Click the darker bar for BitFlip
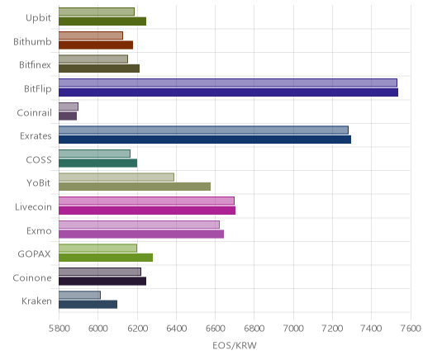228,92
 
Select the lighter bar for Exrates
203,130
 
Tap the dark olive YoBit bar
135,187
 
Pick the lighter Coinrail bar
69,107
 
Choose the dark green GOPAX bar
106,258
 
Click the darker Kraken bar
88,305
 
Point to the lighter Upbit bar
97,12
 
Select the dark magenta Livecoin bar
147,211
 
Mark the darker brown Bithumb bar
96,45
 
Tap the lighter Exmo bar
139,225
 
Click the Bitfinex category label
35,65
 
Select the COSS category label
39,160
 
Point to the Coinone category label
32,278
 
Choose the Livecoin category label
33,206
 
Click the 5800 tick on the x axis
59,329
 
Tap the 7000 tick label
293,329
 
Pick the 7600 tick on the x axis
411,329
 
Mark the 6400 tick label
176,329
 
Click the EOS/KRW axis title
235,345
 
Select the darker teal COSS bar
97,163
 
